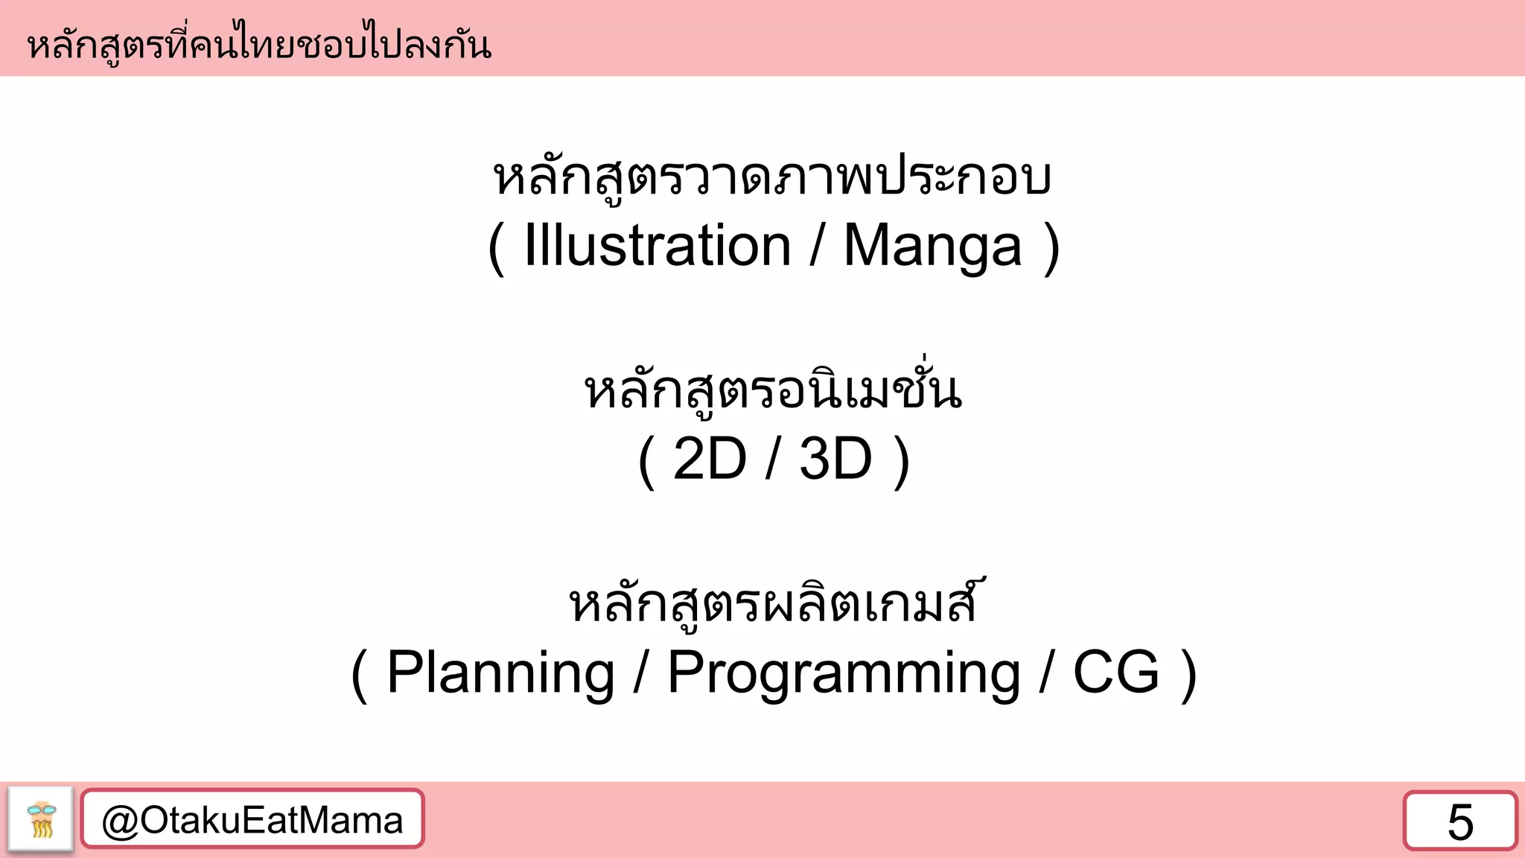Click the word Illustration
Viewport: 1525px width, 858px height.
point(657,246)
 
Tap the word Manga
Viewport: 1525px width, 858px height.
point(932,247)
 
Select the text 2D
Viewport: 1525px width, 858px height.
point(709,459)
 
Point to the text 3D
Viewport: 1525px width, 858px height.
point(835,459)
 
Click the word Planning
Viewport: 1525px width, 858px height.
point(500,673)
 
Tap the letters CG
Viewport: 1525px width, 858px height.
point(1115,672)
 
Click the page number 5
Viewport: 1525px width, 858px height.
point(1460,822)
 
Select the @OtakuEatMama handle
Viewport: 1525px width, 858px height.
point(252,820)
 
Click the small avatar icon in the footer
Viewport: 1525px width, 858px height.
point(41,819)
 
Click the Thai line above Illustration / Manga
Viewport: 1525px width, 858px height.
point(772,179)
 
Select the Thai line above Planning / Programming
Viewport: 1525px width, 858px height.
point(772,603)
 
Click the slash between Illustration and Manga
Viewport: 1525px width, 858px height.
point(818,246)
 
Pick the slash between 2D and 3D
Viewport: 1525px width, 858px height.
point(773,459)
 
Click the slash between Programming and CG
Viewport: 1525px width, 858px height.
point(1047,673)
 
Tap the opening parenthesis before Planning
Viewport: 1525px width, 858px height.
point(359,675)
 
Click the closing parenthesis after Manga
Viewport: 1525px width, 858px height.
point(1051,249)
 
